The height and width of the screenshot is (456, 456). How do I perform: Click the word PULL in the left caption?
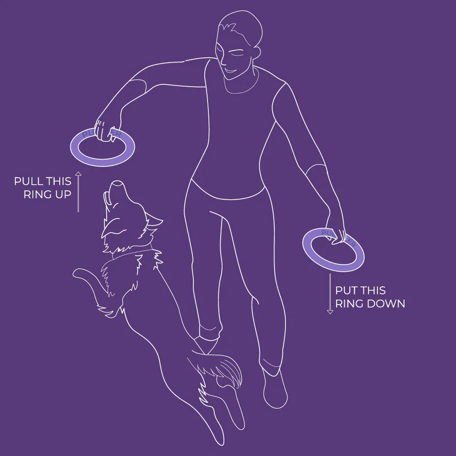[29, 181]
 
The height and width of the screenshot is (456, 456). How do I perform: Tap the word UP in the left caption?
[62, 195]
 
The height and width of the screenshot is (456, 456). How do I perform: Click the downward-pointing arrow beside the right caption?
[330, 293]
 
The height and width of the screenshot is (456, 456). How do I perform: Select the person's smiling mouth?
[230, 74]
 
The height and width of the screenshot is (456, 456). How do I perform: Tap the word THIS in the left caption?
[58, 181]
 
